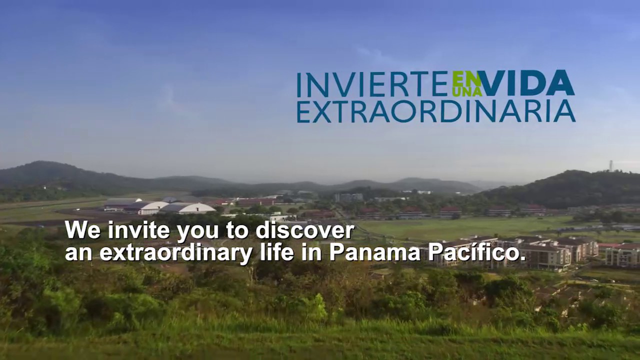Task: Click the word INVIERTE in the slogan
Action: (372, 84)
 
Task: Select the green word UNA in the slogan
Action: (467, 91)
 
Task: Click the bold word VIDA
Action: (528, 83)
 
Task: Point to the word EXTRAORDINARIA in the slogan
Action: (436, 111)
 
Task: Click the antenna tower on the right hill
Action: (610, 166)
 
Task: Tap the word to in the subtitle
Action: (237, 230)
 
